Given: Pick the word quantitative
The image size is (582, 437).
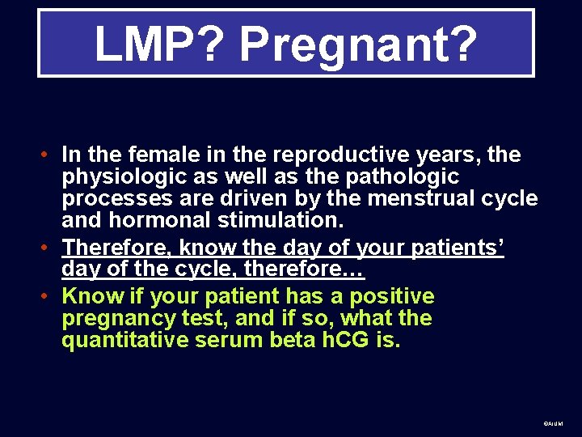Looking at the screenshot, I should [124, 341].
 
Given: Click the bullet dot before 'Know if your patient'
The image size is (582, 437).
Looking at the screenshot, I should [49, 296].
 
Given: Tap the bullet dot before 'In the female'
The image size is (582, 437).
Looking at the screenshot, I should [49, 155].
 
